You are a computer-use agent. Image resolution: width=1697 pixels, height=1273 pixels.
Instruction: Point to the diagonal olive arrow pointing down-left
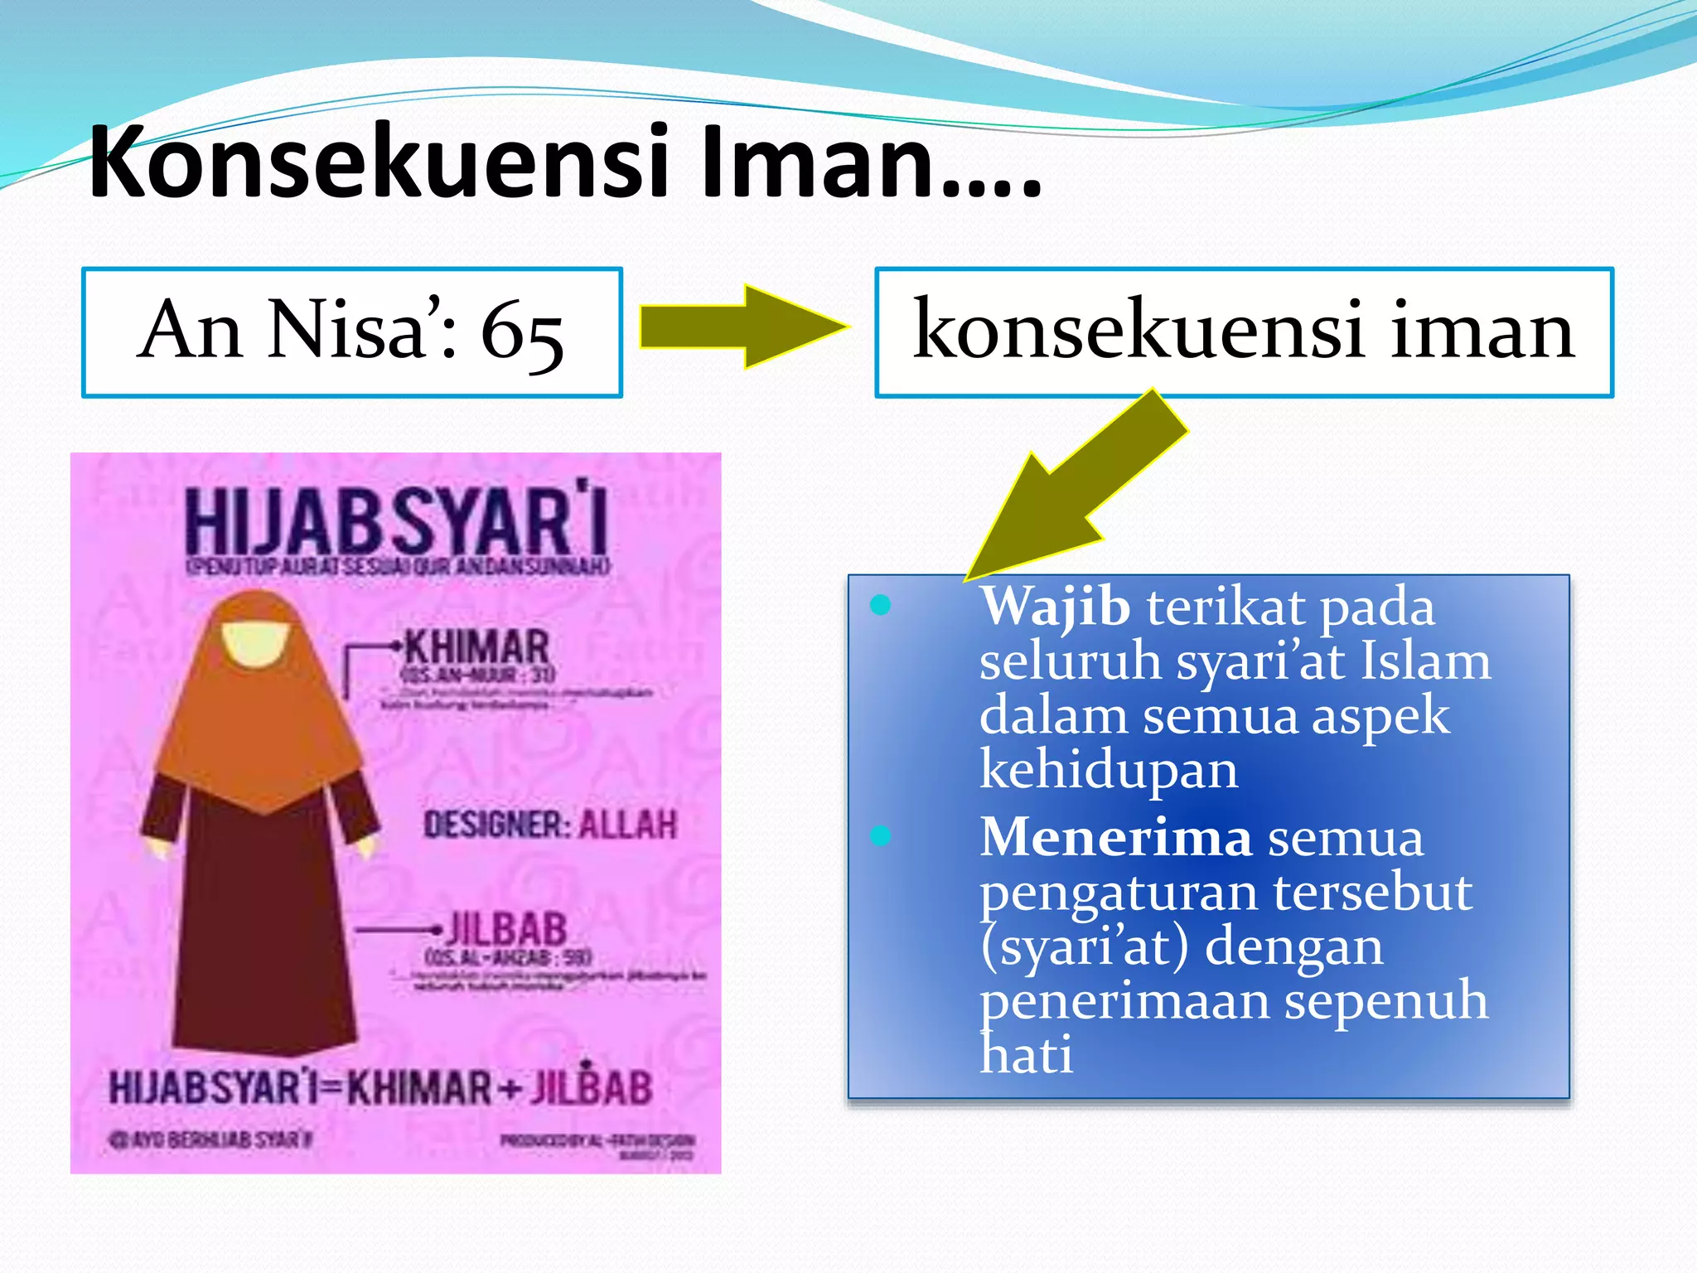(x=1077, y=489)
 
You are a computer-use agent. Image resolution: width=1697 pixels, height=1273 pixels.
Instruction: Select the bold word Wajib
(x=1055, y=606)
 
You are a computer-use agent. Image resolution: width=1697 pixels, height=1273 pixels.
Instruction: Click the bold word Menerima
(x=1115, y=837)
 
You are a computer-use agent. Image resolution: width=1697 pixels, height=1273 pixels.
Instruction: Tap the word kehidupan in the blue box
(x=1109, y=770)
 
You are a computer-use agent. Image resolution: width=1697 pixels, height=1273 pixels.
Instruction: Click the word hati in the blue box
(x=1026, y=1055)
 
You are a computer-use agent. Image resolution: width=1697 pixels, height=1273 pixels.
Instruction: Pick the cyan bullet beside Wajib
(x=881, y=605)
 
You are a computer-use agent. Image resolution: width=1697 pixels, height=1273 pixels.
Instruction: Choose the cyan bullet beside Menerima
(x=881, y=835)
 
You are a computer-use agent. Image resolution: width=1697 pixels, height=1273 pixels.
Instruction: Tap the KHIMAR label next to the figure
(x=476, y=646)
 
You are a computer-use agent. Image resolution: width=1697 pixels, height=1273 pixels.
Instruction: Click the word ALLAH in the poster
(x=627, y=825)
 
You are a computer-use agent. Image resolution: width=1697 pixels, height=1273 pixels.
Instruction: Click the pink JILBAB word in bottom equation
(x=591, y=1087)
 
